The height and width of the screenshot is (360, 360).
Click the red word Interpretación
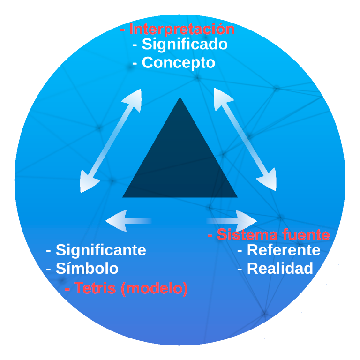(x=182, y=30)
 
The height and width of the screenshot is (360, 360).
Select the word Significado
(x=185, y=45)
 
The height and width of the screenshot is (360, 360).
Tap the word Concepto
(x=178, y=63)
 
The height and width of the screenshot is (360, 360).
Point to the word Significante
(x=101, y=250)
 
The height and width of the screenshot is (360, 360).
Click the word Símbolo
(x=87, y=269)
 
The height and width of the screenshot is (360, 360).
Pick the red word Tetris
(x=95, y=288)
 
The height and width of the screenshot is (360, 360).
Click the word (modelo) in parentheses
(x=154, y=288)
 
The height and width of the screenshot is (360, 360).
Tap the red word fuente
(x=303, y=234)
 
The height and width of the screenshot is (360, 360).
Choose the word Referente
(x=283, y=250)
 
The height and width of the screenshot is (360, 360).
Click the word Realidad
(x=280, y=269)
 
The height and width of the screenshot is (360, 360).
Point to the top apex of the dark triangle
(x=180, y=98)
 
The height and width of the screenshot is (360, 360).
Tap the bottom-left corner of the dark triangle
(x=124, y=196)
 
